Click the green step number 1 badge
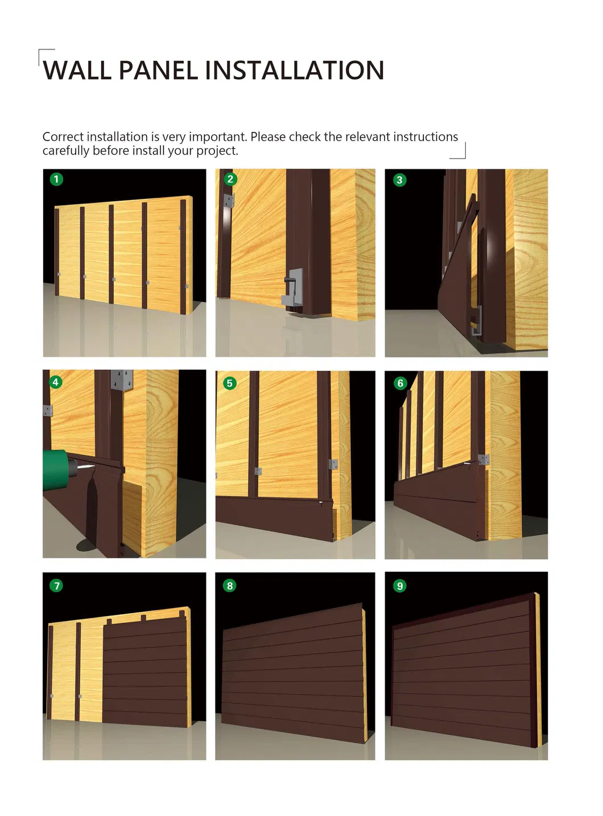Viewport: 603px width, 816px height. pos(56,179)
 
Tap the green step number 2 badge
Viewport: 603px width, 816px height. pos(230,179)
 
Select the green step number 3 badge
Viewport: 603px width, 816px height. pos(400,180)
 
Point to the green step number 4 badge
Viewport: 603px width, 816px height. pos(56,382)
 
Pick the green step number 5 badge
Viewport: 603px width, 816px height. pos(229,384)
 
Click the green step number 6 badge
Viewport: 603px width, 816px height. pos(400,384)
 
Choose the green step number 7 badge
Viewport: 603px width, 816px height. pos(56,586)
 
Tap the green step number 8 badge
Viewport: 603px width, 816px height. pos(229,586)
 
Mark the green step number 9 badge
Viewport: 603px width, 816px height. pos(400,586)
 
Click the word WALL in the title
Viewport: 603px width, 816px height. pos(77,70)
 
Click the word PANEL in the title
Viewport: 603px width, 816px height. pos(158,70)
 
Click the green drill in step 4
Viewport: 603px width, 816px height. pos(59,469)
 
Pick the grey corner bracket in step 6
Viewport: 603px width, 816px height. pos(484,460)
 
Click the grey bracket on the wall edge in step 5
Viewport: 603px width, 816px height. pos(333,464)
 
